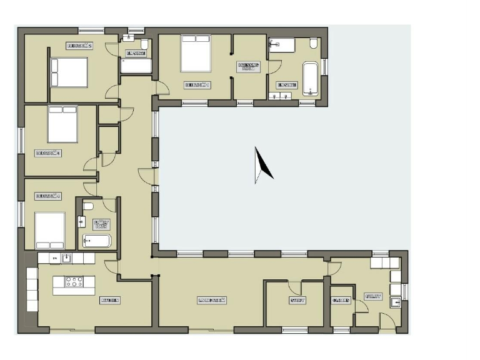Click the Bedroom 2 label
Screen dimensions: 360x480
coord(79,46)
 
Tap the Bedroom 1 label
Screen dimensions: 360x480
coord(196,84)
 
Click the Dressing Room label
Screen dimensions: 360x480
coord(249,66)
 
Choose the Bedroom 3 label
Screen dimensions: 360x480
coord(47,152)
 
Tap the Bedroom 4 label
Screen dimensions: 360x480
coord(47,196)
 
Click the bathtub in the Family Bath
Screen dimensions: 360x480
coord(97,241)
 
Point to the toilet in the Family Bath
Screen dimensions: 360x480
coord(88,206)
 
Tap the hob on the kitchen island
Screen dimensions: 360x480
coord(74,282)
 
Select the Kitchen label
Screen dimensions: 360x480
coord(110,301)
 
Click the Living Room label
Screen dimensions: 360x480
coord(211,301)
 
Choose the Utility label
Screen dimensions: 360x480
coord(373,297)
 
